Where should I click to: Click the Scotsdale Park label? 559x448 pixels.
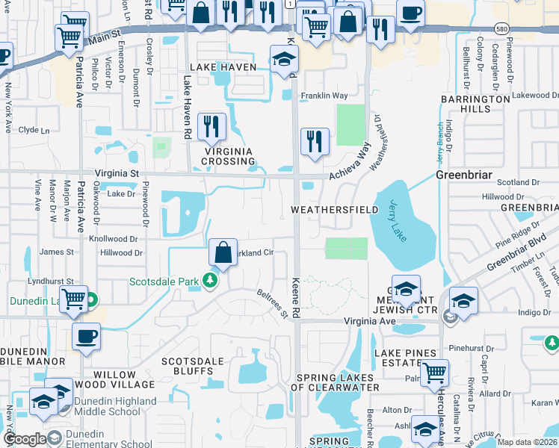pos(165,281)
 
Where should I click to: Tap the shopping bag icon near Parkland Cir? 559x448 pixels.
pos(223,253)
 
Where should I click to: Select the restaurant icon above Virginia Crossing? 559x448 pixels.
pos(211,128)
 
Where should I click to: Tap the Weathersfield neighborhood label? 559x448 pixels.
pos(334,210)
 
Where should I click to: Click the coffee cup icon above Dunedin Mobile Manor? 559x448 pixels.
pos(86,337)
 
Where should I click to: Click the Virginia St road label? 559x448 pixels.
pos(117,172)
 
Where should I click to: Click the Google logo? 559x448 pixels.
pos(24,439)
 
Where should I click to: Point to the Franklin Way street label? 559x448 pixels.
pos(324,96)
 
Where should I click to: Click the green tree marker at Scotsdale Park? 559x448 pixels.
pos(211,281)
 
